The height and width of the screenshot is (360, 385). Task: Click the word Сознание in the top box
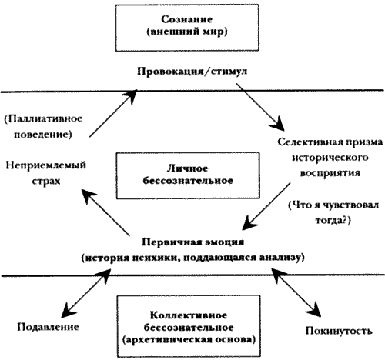click(x=187, y=19)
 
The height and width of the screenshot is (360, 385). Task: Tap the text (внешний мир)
click(x=187, y=32)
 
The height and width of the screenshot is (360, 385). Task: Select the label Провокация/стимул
click(x=192, y=71)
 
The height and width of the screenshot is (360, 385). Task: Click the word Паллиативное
click(x=43, y=118)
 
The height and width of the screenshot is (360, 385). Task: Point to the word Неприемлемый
click(x=45, y=165)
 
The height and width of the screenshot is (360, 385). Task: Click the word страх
click(x=46, y=181)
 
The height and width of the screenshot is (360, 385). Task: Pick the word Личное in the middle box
click(x=187, y=168)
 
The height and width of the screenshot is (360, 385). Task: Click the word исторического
click(x=330, y=158)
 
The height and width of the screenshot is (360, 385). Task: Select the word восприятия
click(x=330, y=173)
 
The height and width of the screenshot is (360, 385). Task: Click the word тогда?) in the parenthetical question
click(x=333, y=221)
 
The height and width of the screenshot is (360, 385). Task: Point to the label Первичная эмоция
click(x=193, y=242)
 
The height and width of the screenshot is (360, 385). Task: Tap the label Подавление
click(x=48, y=327)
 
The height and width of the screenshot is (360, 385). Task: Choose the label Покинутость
click(x=339, y=331)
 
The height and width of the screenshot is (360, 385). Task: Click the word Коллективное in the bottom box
click(x=189, y=315)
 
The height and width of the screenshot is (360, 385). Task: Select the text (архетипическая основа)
click(x=189, y=339)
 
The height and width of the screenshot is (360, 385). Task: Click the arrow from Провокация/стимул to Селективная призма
click(x=260, y=107)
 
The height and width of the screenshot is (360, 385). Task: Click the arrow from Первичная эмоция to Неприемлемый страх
click(x=105, y=212)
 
